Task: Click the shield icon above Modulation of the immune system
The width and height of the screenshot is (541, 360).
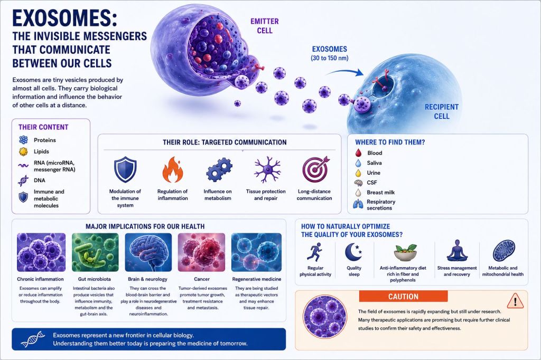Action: coord(125,169)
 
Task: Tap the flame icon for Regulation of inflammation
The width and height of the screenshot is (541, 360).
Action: coord(173,169)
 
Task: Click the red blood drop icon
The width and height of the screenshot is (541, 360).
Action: coord(359,153)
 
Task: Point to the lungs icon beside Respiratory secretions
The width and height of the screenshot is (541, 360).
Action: coord(358,204)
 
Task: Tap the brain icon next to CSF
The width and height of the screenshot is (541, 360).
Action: coord(359,183)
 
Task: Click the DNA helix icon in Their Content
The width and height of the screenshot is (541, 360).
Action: coord(23,181)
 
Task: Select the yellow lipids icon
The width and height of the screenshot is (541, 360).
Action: coord(23,151)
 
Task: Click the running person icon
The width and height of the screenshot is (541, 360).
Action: coord(314,251)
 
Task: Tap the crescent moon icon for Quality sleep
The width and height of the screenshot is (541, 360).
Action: coord(353,252)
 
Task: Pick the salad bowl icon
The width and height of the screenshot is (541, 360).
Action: coord(405,252)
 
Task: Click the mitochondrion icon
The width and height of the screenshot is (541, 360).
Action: coord(503,251)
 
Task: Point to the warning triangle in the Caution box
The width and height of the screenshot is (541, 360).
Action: coord(516,301)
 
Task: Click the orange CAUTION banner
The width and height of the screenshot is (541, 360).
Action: coord(403,296)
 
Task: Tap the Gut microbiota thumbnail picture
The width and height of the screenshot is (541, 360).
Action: coord(95,252)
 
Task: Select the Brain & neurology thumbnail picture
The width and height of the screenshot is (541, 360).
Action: coord(148,252)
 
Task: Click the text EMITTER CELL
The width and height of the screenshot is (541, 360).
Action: coord(265,26)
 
